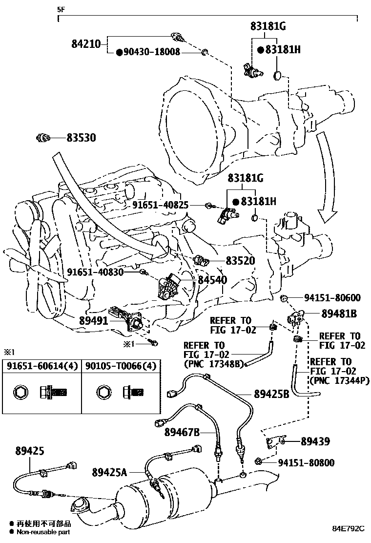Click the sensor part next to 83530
[x=43, y=138]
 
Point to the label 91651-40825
[x=160, y=205]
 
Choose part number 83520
[x=240, y=261]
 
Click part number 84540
[x=212, y=280]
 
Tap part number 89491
[x=96, y=321]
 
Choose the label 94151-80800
[x=306, y=462]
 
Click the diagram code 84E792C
[x=349, y=528]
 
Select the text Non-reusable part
[x=43, y=532]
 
